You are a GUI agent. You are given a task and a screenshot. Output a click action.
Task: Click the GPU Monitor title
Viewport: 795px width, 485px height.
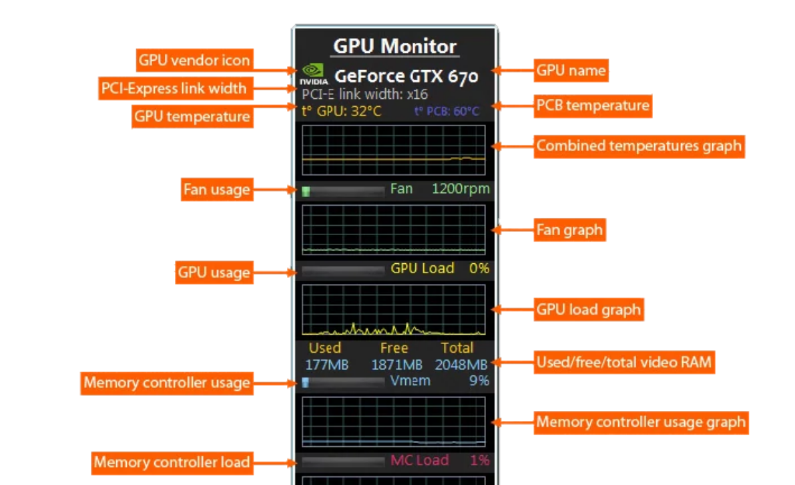[394, 46]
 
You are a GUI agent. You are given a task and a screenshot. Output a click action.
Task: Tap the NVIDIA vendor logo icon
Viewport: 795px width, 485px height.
[313, 73]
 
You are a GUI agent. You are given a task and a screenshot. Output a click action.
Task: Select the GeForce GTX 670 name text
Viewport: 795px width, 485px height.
[406, 76]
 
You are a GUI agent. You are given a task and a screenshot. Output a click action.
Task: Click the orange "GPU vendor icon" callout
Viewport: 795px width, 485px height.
[194, 60]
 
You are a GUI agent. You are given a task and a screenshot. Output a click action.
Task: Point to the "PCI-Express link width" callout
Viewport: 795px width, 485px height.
[174, 88]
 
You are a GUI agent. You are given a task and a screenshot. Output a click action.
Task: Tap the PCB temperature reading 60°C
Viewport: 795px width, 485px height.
[467, 111]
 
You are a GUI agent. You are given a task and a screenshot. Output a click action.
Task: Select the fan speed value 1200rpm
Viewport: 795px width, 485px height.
[461, 189]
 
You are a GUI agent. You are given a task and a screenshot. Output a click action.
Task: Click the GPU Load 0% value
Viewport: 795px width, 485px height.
[479, 269]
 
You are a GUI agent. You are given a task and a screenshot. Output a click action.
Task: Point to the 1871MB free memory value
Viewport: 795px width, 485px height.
[396, 365]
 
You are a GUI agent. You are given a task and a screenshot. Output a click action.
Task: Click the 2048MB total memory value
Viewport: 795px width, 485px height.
[461, 365]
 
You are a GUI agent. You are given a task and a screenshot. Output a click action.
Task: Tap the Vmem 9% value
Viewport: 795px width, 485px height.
[479, 381]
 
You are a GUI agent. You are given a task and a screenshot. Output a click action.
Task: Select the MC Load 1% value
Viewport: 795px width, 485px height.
[479, 460]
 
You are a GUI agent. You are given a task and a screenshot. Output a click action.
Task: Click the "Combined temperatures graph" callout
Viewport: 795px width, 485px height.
[639, 146]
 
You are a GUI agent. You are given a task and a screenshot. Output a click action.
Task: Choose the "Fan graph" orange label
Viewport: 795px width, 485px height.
[569, 230]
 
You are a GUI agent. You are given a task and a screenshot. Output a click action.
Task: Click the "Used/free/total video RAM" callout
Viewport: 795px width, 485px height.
[625, 363]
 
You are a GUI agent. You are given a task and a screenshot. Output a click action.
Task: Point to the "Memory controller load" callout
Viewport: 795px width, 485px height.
[172, 462]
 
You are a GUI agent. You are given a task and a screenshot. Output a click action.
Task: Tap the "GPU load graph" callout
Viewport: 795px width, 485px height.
[588, 310]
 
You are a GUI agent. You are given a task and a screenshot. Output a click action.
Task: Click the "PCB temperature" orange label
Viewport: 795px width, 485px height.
[593, 106]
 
